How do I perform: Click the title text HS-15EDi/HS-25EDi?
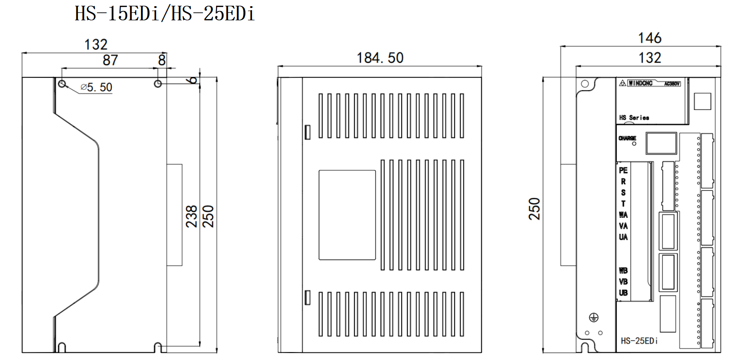(x=164, y=14)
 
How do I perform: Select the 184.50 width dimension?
(x=380, y=58)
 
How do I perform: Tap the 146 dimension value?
(x=650, y=38)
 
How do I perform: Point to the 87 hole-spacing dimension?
(x=110, y=61)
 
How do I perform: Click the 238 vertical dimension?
(x=191, y=216)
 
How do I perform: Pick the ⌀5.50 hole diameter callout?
(x=96, y=87)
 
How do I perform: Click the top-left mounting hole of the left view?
(x=62, y=83)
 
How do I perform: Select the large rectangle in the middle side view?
(x=347, y=215)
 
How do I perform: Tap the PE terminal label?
(x=623, y=170)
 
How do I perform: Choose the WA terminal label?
(x=623, y=215)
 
